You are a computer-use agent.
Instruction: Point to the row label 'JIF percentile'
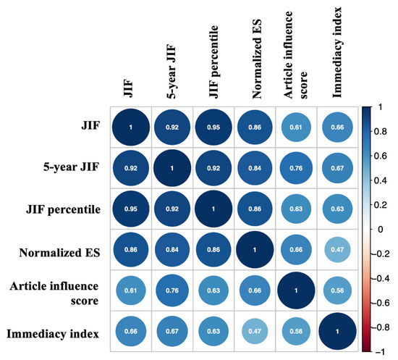click(x=62, y=210)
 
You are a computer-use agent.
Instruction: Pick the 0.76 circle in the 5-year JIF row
click(x=297, y=169)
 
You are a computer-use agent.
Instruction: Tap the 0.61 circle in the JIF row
click(x=297, y=127)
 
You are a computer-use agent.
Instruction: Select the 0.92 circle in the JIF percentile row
click(x=172, y=210)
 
